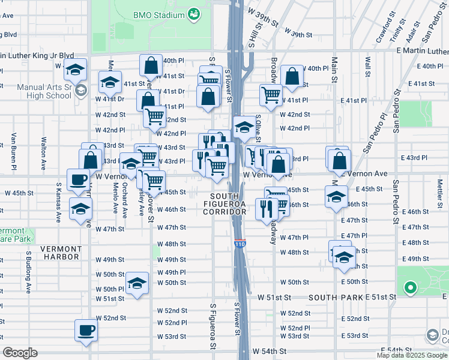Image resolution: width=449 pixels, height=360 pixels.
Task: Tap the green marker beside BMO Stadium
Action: point(194,13)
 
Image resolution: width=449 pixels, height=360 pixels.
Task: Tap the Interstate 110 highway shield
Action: point(238,244)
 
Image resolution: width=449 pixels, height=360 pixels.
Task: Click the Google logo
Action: point(20,353)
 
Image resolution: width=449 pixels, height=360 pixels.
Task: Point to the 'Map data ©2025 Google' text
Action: point(412,355)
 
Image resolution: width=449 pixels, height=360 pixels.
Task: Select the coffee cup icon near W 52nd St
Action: point(85,329)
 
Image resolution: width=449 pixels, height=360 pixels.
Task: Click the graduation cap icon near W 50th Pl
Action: point(137,282)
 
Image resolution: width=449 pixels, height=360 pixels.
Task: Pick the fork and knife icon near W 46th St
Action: point(265,208)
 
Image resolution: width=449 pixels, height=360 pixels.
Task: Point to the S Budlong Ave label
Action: point(28,272)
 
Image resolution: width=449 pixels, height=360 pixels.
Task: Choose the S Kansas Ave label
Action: point(59,203)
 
